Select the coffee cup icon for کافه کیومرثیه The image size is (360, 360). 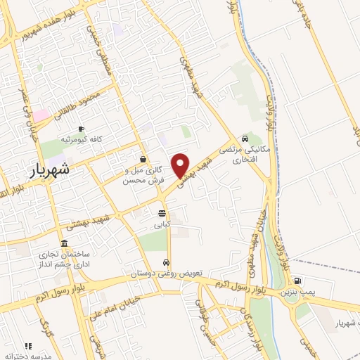coord(82,129)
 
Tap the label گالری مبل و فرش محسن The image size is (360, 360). coord(143,175)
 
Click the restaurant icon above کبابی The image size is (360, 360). coord(162,213)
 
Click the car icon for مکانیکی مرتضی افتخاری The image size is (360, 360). coord(243,139)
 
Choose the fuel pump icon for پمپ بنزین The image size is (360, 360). coord(300,281)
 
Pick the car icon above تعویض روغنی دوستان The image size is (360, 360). coord(165,262)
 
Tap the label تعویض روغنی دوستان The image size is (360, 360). coord(165,272)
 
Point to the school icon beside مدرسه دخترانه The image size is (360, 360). coord(29,346)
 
